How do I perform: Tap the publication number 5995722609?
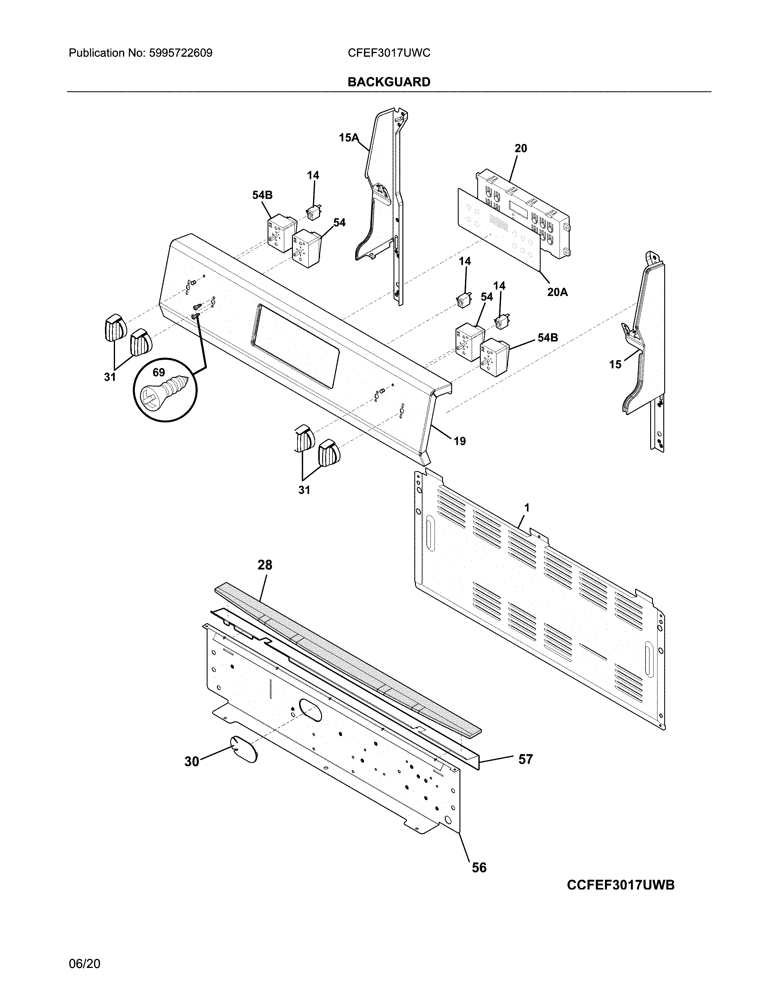pos(180,53)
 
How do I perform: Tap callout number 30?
pos(192,761)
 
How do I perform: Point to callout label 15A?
pos(348,137)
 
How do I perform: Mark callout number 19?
pos(459,441)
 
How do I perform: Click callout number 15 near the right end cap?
pos(615,364)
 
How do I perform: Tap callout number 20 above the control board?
pos(520,149)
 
